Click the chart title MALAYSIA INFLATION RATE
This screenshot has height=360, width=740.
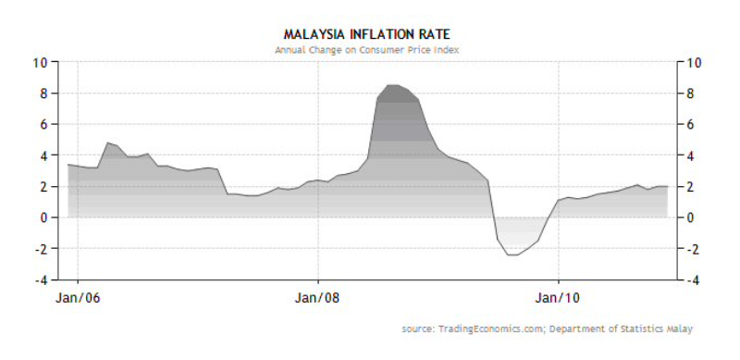pyautogui.click(x=366, y=34)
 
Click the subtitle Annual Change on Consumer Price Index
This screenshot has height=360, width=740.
pyautogui.click(x=366, y=50)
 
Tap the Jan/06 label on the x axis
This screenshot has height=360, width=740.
pyautogui.click(x=78, y=299)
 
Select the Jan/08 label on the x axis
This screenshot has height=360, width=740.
pyautogui.click(x=317, y=299)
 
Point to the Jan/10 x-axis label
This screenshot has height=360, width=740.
pyautogui.click(x=558, y=299)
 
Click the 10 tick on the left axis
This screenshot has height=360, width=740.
pyautogui.click(x=43, y=62)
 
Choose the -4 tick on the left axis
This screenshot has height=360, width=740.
pyautogui.click(x=43, y=279)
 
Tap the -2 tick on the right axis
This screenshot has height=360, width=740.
pyautogui.click(x=690, y=249)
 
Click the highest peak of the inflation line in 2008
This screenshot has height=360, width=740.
pyautogui.click(x=393, y=85)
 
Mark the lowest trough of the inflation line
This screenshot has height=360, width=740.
pyautogui.click(x=513, y=255)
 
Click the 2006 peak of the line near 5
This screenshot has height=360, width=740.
pyautogui.click(x=108, y=143)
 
